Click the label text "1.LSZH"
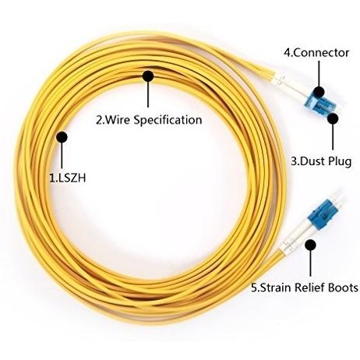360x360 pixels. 68,178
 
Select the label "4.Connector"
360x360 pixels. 316,53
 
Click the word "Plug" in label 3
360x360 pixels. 340,161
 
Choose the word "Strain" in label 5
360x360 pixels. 276,288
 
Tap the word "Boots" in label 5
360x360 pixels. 343,288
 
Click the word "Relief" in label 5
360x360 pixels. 310,288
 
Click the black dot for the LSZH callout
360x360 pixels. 62,137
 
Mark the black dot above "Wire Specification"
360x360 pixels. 148,76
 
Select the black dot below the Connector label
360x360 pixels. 319,92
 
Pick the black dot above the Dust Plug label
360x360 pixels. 333,118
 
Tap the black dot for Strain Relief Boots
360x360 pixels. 310,245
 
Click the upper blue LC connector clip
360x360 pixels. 320,104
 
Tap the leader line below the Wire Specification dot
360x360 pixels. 148,94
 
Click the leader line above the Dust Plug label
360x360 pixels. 333,137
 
